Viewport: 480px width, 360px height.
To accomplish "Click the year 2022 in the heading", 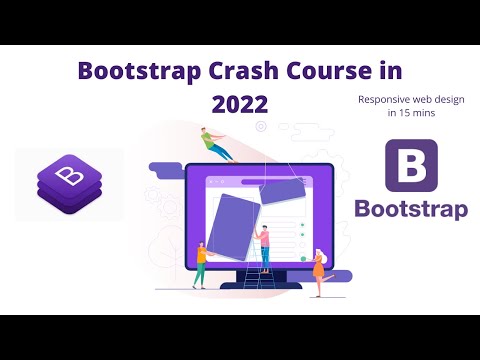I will pos(240,104).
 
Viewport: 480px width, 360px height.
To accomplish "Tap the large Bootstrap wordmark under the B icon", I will pos(411,209).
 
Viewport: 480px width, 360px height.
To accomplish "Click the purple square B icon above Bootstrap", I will pos(411,166).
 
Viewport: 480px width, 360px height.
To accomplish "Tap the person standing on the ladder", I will pos(264,243).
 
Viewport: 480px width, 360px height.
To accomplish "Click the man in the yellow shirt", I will pos(201,262).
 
